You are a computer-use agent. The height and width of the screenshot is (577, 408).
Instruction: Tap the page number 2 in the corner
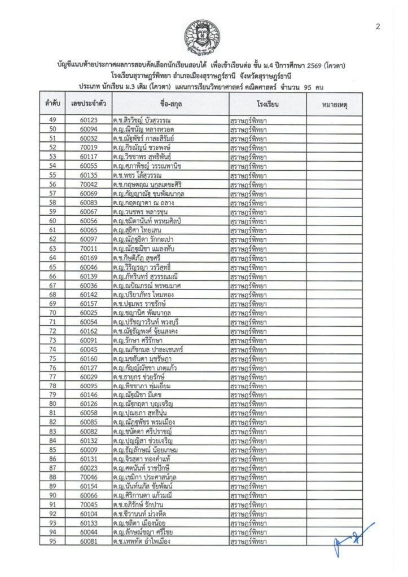[x=378, y=26]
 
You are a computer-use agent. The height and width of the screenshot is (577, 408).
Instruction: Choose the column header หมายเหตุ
[x=334, y=104]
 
